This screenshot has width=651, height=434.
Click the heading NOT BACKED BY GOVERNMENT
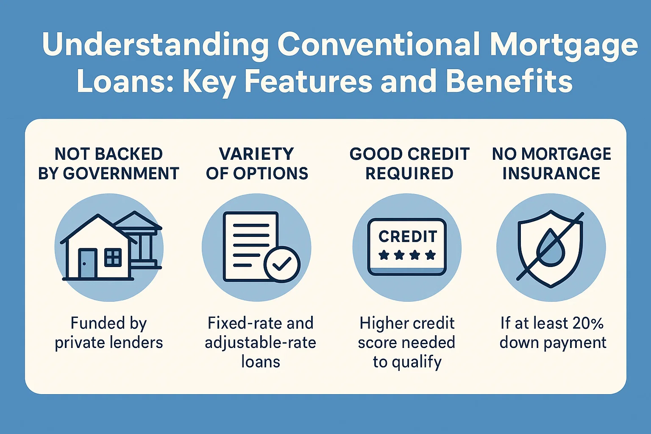tap(108, 164)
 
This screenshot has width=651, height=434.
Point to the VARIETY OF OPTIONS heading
tap(257, 164)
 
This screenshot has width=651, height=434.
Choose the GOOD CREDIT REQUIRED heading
tap(409, 164)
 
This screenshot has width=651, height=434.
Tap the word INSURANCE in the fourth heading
tap(551, 174)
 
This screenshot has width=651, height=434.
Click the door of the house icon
tap(87, 263)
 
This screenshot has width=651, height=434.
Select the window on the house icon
tap(113, 257)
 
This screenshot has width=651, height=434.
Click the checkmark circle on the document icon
tap(282, 264)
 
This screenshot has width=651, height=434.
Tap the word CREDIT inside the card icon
tap(408, 236)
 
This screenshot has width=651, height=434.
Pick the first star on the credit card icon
tap(384, 255)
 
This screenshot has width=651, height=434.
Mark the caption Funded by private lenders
tap(108, 333)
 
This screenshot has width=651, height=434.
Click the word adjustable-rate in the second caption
tap(260, 342)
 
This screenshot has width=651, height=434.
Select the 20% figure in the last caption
tap(587, 323)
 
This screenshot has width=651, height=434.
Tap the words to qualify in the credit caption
tap(407, 362)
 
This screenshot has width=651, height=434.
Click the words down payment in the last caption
tap(553, 342)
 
